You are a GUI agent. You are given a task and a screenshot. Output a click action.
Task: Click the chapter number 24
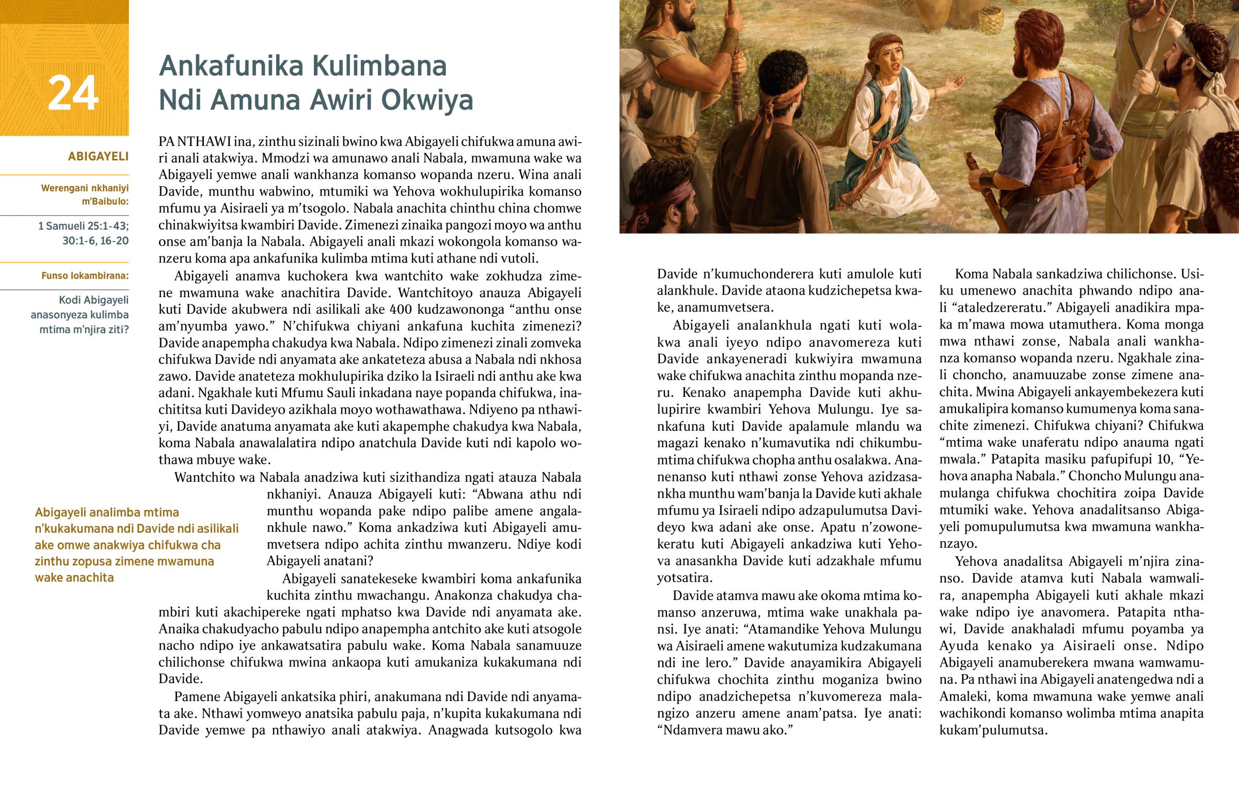click(73, 93)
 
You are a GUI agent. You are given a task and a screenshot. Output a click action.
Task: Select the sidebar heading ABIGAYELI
click(98, 156)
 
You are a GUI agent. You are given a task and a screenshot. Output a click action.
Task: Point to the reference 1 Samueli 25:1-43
click(83, 226)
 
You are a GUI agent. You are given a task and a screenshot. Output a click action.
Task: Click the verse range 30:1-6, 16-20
click(95, 241)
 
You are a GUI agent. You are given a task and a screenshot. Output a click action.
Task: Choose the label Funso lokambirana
click(85, 275)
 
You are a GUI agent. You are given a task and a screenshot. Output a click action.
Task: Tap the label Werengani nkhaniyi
click(85, 188)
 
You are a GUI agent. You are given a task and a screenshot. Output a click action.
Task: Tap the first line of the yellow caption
click(107, 512)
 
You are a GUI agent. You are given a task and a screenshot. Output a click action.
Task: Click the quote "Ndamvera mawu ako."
click(725, 730)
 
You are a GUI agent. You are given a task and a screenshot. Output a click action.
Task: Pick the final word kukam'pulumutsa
click(993, 730)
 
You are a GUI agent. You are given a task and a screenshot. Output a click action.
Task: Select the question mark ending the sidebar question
click(126, 330)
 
